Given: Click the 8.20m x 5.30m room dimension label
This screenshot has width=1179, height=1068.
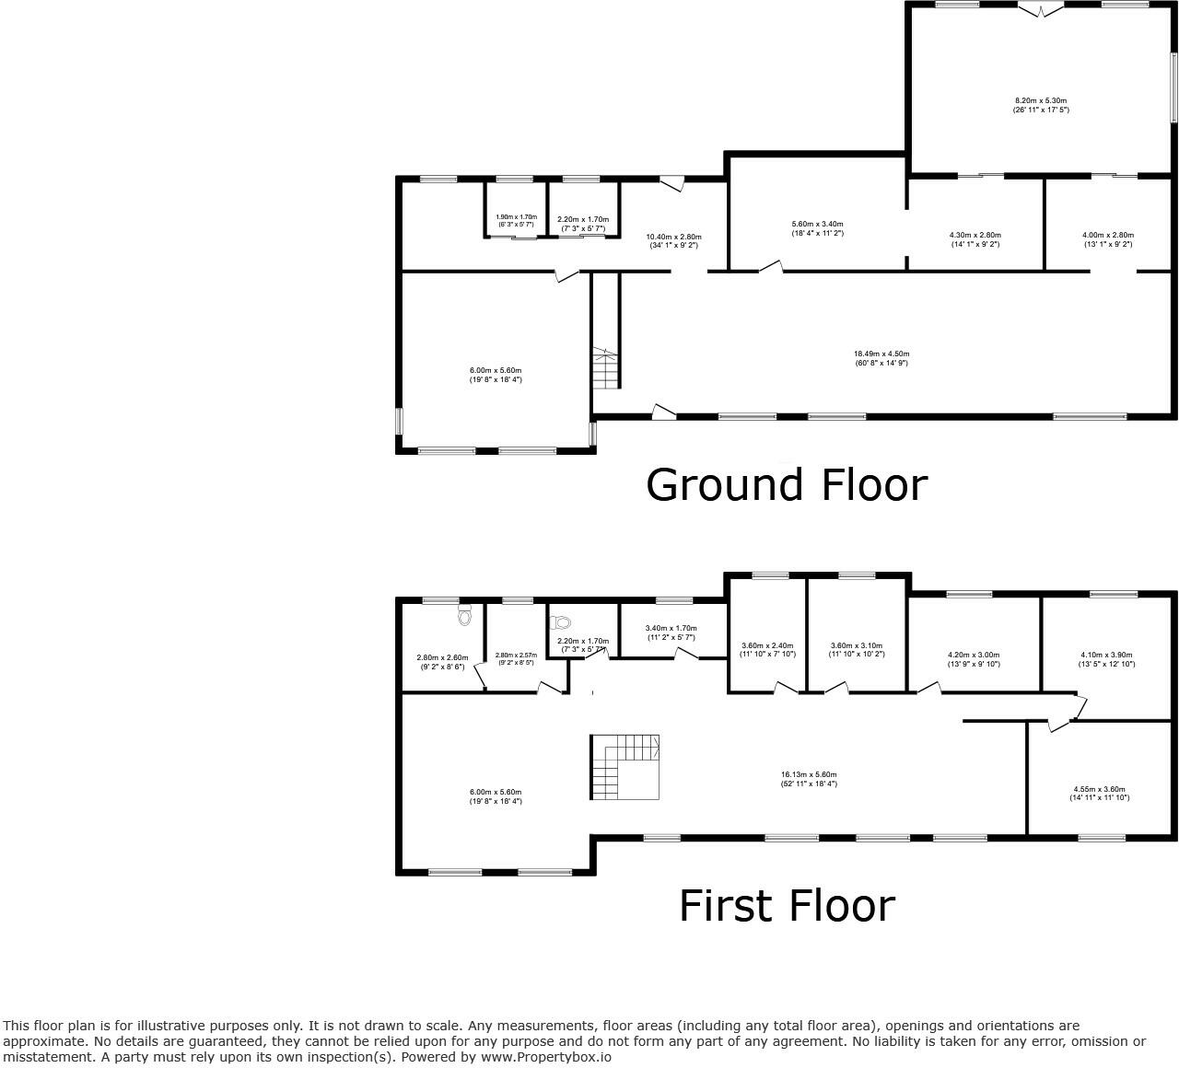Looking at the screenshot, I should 1041,105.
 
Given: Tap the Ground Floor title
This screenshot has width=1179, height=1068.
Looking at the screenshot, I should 786,485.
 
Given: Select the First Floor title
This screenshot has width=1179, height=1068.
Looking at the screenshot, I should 786,906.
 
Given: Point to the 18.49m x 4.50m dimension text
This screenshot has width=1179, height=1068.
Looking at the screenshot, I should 881,358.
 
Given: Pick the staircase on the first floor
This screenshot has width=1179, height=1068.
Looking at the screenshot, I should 626,766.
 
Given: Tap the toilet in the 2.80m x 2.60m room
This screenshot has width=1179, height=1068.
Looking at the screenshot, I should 464,614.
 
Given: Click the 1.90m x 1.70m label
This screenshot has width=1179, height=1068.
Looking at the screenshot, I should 516,221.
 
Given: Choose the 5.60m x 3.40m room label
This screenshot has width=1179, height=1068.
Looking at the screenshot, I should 817,228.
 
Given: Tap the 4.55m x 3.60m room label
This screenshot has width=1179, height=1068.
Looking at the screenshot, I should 1099,793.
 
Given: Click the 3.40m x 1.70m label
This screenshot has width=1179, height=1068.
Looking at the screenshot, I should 671,633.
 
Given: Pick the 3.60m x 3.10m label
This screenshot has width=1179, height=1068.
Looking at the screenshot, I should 857,649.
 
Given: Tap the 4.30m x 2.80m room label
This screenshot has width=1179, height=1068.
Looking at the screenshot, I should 975,239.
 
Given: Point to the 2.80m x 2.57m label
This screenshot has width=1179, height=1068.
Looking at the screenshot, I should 516,658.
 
